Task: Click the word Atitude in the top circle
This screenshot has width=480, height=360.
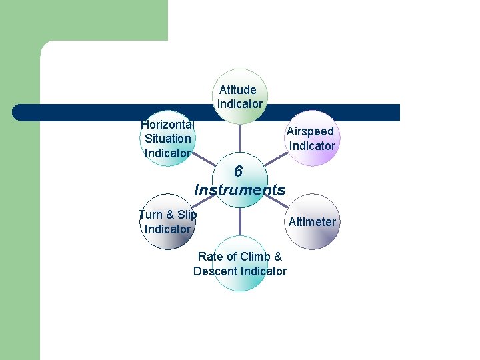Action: coord(237,90)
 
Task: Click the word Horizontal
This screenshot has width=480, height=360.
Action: coord(167,124)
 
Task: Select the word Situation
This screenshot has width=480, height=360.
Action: coord(167,139)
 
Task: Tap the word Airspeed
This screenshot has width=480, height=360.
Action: coord(310,131)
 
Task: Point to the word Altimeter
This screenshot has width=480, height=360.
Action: coord(312,222)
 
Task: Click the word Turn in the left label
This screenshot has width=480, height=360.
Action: coord(150,215)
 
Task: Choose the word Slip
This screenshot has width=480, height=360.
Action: coord(187,215)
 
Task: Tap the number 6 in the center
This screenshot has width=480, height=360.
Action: coord(238,172)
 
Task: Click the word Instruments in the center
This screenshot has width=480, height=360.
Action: coord(239,190)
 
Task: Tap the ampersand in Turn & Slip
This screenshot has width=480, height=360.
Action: coord(169,215)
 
